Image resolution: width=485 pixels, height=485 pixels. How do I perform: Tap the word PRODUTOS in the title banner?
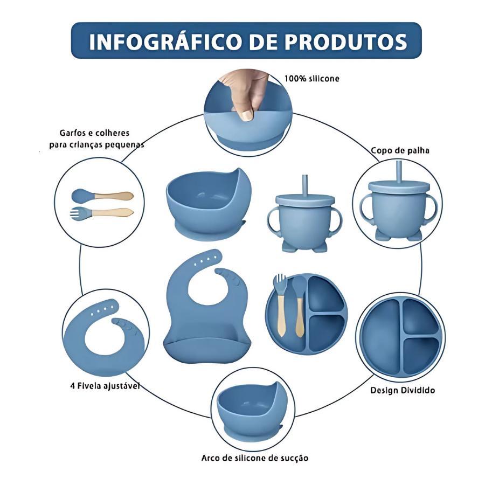tap(345, 41)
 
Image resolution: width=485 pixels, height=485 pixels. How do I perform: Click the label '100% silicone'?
tap(312, 79)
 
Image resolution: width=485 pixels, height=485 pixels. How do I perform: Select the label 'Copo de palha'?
tap(400, 151)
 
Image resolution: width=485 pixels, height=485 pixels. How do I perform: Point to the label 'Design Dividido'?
tap(403, 390)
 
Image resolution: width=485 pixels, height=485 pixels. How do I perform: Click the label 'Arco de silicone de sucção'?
tap(255, 458)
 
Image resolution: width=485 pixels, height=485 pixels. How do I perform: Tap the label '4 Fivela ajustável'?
tap(105, 386)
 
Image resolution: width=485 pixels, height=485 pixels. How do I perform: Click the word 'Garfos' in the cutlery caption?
tap(72, 133)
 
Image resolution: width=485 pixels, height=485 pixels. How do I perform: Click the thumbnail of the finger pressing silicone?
tap(248, 112)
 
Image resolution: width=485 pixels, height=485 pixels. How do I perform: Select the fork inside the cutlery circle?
tap(102, 212)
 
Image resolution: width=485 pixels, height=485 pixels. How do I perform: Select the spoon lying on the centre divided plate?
tap(299, 306)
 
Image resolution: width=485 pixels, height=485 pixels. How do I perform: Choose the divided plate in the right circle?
tap(401, 338)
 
